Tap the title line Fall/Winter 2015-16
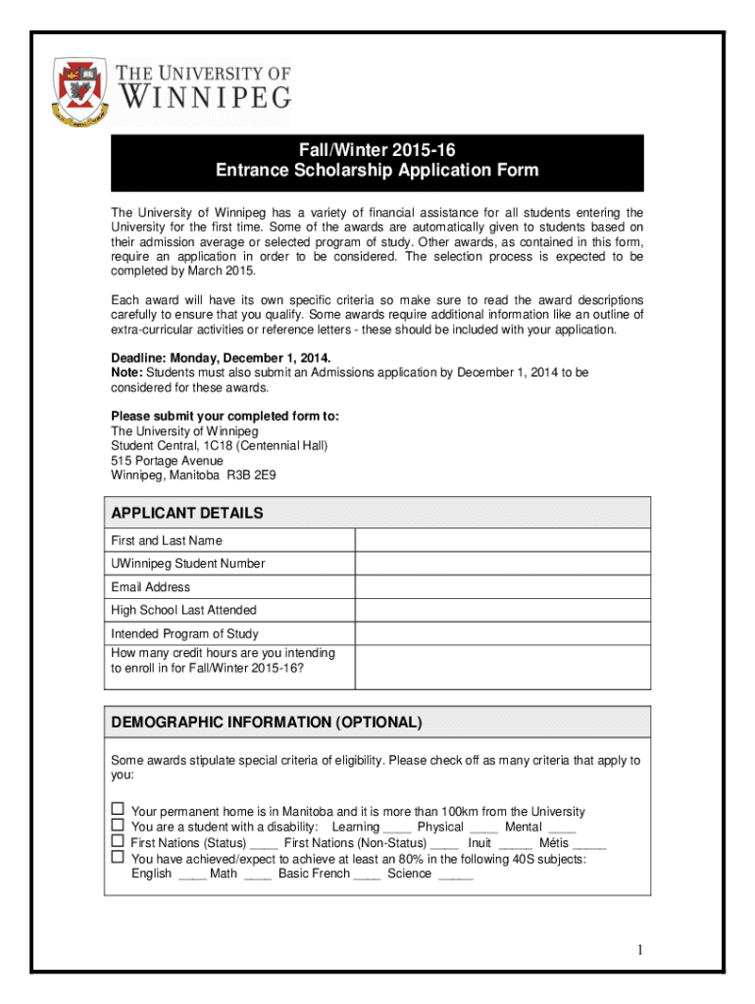[x=377, y=150]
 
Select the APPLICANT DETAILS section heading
[x=187, y=513]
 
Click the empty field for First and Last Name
[x=501, y=540]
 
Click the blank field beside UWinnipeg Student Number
[x=501, y=564]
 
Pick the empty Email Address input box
[x=501, y=587]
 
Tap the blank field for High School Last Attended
[x=501, y=610]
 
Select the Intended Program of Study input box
[x=501, y=633]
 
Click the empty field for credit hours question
[x=501, y=667]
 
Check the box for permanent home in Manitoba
[x=118, y=810]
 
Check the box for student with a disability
[x=118, y=826]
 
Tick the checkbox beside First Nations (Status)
[x=118, y=841]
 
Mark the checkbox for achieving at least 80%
[x=118, y=858]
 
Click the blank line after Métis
[x=589, y=844]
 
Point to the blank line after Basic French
[x=367, y=876]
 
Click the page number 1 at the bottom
[x=638, y=950]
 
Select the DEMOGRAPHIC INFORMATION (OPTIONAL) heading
[x=267, y=723]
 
